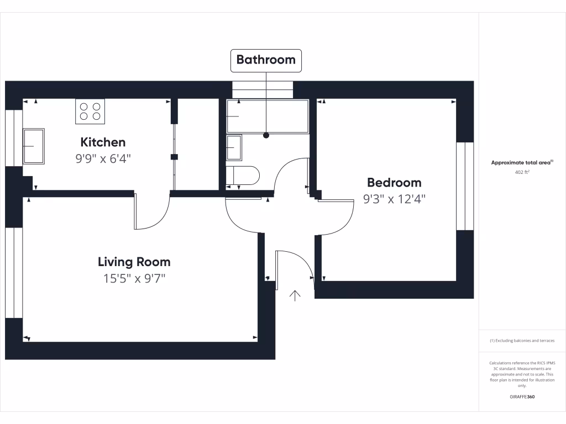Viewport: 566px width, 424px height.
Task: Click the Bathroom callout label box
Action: pyautogui.click(x=266, y=60)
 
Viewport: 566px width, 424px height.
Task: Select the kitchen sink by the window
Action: pyautogui.click(x=34, y=146)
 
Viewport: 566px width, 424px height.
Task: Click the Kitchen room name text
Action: pyautogui.click(x=103, y=142)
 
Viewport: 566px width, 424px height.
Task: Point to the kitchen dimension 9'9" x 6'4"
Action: pyautogui.click(x=103, y=159)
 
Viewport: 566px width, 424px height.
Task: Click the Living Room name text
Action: pyautogui.click(x=134, y=262)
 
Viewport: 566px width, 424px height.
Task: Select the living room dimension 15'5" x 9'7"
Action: pyautogui.click(x=134, y=278)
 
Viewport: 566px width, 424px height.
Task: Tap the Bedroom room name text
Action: pyautogui.click(x=394, y=182)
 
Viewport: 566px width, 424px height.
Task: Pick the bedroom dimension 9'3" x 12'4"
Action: pyautogui.click(x=394, y=199)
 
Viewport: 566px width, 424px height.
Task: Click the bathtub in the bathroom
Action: pyautogui.click(x=268, y=116)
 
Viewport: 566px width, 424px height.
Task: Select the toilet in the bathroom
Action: pyautogui.click(x=243, y=175)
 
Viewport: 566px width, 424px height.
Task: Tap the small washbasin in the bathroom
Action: pyautogui.click(x=234, y=148)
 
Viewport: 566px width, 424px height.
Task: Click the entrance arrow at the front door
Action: pyautogui.click(x=295, y=296)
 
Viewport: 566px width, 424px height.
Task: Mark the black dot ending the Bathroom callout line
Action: pyautogui.click(x=266, y=135)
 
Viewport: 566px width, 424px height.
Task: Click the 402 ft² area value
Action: pyautogui.click(x=522, y=172)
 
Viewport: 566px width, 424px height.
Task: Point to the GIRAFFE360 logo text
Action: pyautogui.click(x=522, y=397)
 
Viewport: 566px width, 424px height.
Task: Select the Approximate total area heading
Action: pyautogui.click(x=522, y=162)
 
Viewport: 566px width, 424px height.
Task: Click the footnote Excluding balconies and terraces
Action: pyautogui.click(x=522, y=341)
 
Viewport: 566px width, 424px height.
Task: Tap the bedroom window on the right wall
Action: pyautogui.click(x=465, y=186)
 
